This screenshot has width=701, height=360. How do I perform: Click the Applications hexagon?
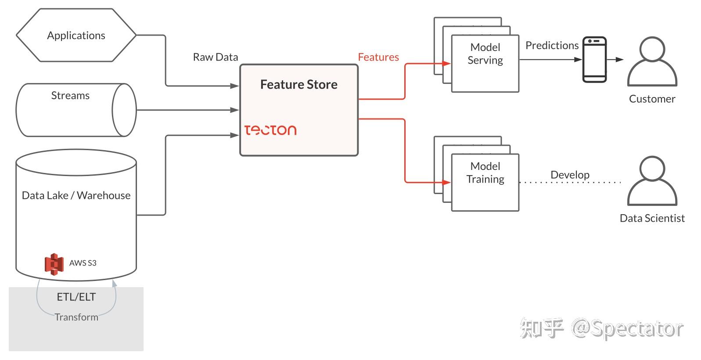pos(76,35)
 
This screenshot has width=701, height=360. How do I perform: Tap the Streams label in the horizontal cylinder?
pos(70,95)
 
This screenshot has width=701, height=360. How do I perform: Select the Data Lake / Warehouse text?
pos(76,195)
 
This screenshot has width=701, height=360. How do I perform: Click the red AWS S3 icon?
pos(54,264)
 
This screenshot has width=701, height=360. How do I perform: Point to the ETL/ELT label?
pos(76,297)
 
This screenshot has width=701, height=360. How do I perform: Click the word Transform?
pos(76,317)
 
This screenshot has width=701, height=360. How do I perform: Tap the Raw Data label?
pos(215,57)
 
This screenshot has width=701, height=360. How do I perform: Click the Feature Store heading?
pos(298,84)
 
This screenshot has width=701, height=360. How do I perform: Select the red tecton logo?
pos(270,130)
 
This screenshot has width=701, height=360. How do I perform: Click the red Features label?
pos(378,57)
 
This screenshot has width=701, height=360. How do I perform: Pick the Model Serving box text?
pos(485,54)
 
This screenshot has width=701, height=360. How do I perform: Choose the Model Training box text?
pos(485,173)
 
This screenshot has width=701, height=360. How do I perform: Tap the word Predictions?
pos(552,45)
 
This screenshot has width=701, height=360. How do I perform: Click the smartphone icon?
pos(594,59)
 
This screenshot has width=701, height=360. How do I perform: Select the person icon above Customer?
pos(652,61)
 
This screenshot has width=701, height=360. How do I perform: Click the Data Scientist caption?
pos(652,218)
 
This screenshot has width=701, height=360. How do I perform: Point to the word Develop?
pos(570,175)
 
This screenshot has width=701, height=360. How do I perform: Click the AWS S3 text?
pos(83,263)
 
